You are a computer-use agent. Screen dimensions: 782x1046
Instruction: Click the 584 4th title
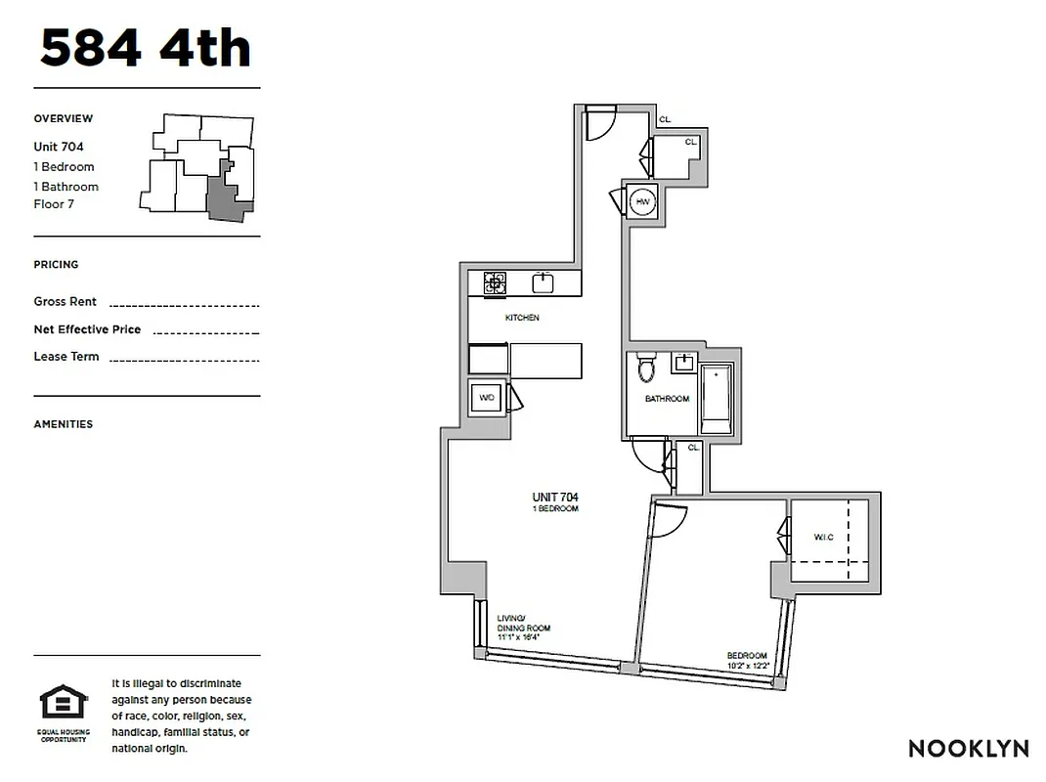(x=145, y=49)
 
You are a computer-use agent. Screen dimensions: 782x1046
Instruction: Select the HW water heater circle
(x=642, y=202)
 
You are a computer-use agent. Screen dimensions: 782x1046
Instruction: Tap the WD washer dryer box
(x=486, y=398)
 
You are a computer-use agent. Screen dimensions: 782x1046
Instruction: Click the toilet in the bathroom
(x=645, y=369)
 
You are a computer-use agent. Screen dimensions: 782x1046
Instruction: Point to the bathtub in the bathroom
(x=716, y=400)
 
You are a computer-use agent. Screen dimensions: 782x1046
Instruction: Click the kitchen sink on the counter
(x=544, y=282)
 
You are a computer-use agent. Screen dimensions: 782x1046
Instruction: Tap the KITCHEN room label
(x=522, y=318)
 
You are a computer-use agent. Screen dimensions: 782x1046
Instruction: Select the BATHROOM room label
(x=667, y=399)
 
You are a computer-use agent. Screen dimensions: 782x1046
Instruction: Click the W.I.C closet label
(x=824, y=538)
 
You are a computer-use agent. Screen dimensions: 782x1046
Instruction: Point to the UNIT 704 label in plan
(x=555, y=498)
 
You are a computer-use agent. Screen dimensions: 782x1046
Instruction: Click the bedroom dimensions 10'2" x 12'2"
(x=748, y=666)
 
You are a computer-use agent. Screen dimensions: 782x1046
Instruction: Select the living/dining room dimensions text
(x=518, y=636)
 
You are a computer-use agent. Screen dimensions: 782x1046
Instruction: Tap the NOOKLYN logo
(x=968, y=749)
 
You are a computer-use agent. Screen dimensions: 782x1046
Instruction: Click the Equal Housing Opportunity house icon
(x=63, y=703)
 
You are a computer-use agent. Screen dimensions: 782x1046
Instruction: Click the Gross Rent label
(x=65, y=302)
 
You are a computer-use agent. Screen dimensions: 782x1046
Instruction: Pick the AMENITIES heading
(x=64, y=424)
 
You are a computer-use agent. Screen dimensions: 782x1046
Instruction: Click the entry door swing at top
(x=597, y=124)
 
